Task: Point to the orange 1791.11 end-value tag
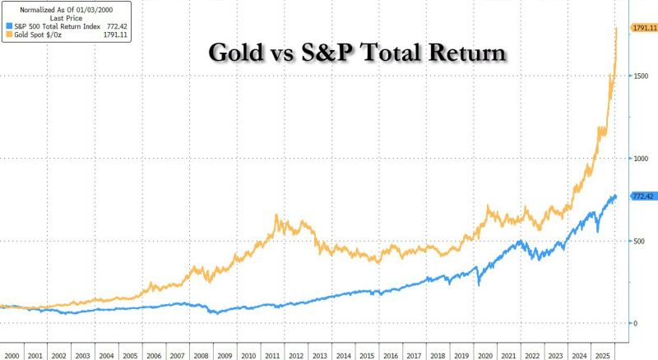click(642, 28)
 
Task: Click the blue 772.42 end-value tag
click(642, 196)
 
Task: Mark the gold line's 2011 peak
click(276, 216)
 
